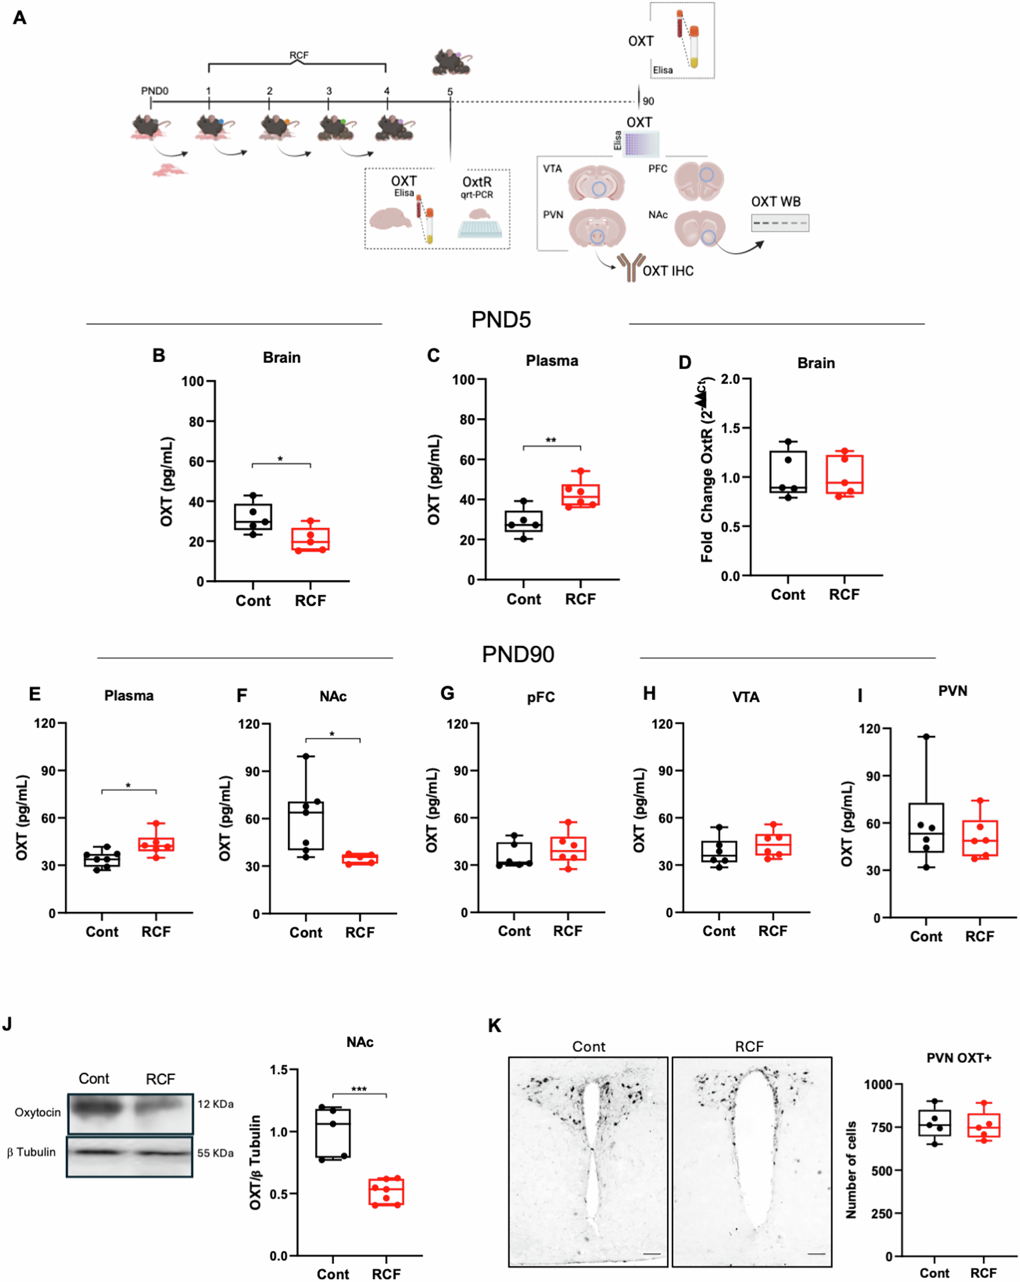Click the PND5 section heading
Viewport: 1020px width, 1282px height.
click(501, 320)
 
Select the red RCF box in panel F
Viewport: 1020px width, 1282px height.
click(359, 859)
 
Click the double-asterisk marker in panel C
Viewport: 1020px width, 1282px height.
click(551, 441)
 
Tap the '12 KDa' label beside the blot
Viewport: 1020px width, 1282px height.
click(215, 1104)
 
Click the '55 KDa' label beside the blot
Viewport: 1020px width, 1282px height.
click(215, 1153)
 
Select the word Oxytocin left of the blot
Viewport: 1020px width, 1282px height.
click(37, 1112)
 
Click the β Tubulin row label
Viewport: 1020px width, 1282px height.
click(31, 1152)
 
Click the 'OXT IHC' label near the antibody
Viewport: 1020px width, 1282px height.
click(668, 271)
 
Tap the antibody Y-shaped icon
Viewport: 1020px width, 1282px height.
click(631, 266)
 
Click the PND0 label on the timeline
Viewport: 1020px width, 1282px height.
click(154, 91)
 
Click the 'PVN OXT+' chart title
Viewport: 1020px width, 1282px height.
click(958, 1058)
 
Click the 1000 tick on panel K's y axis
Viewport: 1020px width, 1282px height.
click(878, 1084)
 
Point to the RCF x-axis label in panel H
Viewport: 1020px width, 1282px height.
click(772, 931)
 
